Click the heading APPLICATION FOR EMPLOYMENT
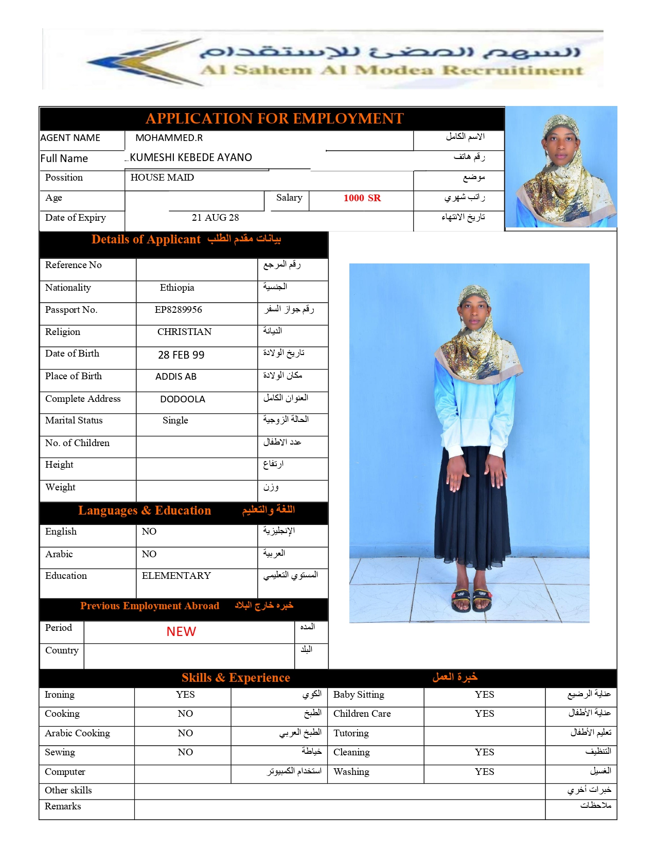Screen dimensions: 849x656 274,119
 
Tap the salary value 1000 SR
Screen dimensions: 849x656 362,198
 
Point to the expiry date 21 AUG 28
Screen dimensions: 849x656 215,218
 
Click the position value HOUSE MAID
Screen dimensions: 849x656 162,178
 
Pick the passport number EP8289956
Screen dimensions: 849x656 178,310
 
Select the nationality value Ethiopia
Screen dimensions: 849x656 177,288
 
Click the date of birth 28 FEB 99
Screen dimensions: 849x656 181,355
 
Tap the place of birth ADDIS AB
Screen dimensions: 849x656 176,377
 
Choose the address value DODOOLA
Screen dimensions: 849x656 182,399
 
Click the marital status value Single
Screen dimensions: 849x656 175,420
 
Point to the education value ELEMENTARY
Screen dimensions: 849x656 176,576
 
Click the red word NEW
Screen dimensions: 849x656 181,632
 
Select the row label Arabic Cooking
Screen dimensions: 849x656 77,733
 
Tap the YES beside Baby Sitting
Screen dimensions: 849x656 484,695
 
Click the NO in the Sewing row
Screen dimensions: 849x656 185,752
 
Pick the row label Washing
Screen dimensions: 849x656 351,772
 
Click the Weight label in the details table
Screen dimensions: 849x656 60,487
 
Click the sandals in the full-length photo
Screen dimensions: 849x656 472,599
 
